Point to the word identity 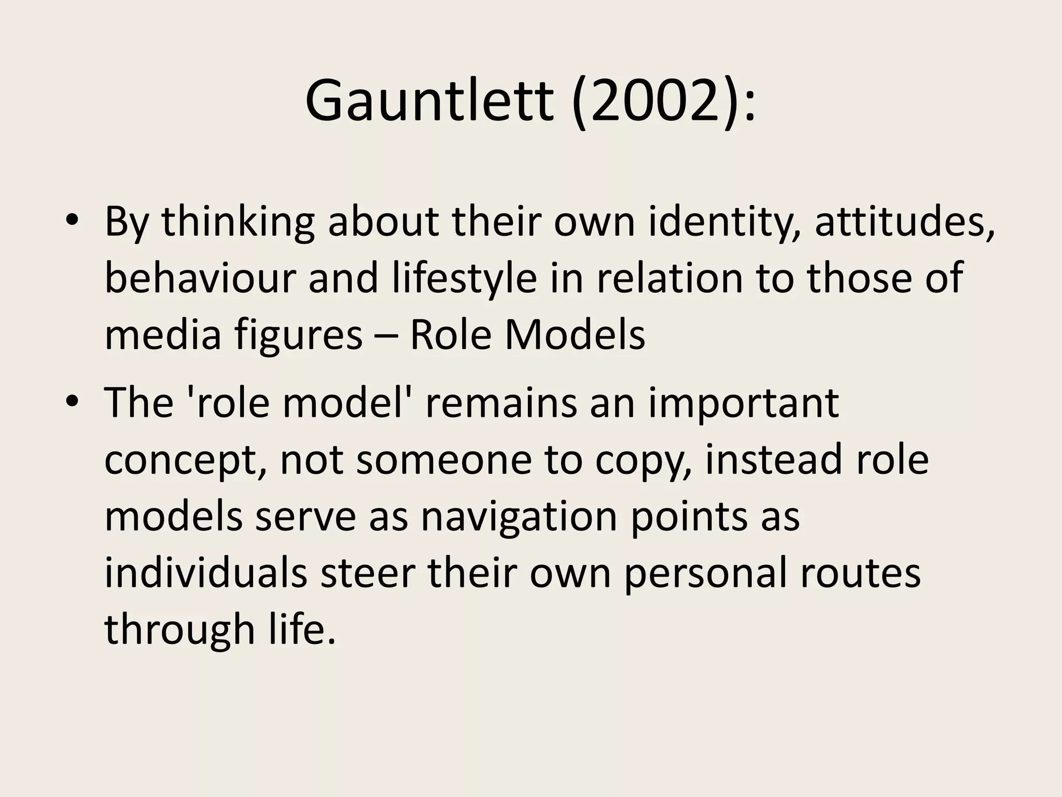click(x=721, y=222)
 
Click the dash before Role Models click(x=386, y=335)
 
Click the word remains click(x=500, y=403)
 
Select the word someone click(x=444, y=460)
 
